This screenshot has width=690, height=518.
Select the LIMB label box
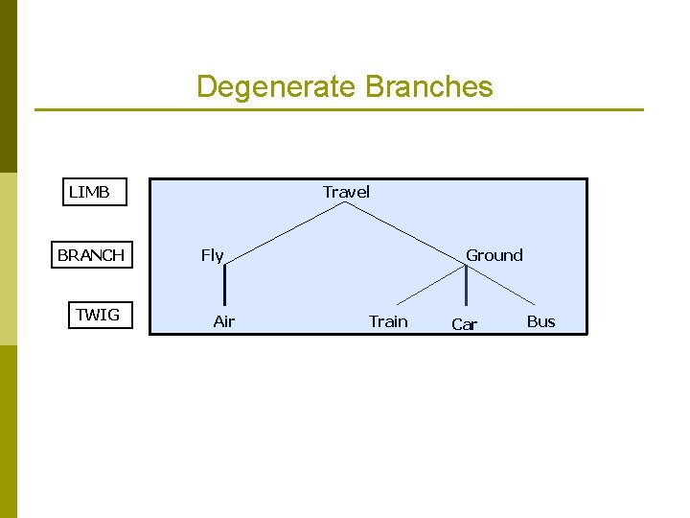(x=90, y=192)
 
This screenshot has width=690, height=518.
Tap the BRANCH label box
(x=91, y=255)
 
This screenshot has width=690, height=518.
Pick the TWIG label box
(x=98, y=315)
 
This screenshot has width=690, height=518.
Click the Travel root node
(x=346, y=192)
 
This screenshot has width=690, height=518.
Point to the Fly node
(x=212, y=255)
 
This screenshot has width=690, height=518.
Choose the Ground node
(x=494, y=255)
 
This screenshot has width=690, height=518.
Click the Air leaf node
(x=223, y=321)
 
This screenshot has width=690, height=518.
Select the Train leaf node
(x=388, y=321)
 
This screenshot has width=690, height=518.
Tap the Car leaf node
(x=464, y=324)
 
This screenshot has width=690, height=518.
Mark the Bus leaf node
(x=540, y=321)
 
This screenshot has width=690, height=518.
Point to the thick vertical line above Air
(x=224, y=286)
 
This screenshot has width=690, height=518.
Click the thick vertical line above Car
(x=466, y=286)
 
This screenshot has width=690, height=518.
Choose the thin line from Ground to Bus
(x=503, y=286)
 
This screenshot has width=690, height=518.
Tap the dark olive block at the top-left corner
(x=9, y=86)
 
